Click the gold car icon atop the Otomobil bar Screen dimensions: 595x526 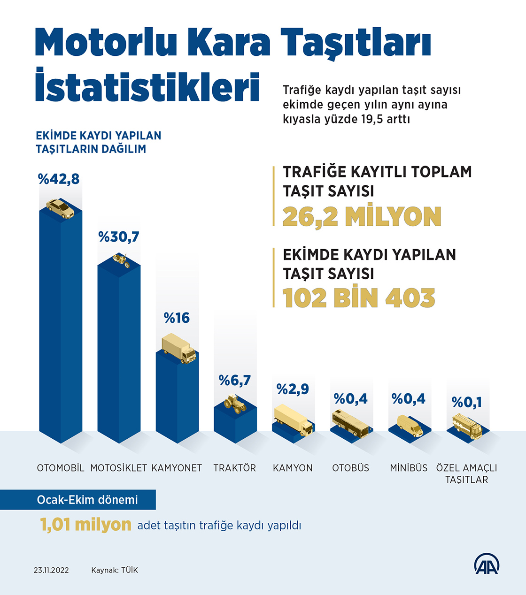click(x=61, y=209)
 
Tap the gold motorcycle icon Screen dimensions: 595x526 click(x=121, y=260)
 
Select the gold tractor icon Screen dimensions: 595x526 click(x=235, y=404)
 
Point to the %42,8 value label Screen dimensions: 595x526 click(x=59, y=179)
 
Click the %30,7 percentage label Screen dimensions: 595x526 click(x=119, y=237)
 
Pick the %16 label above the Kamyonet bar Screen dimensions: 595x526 click(x=177, y=318)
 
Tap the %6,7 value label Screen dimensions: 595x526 click(x=235, y=380)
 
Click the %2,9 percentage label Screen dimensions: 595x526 click(x=293, y=389)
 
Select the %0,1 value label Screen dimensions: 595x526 click(x=467, y=402)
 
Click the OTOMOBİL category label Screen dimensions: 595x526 click(x=61, y=468)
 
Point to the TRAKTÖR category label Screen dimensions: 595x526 click(x=235, y=468)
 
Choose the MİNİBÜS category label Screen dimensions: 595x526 click(x=409, y=468)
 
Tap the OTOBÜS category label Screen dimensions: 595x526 click(x=351, y=468)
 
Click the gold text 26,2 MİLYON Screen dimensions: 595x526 click(x=362, y=217)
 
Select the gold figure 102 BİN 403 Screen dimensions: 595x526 click(x=359, y=298)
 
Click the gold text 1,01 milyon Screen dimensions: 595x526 click(x=85, y=525)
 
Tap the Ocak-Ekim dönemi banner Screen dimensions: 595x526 click(x=87, y=500)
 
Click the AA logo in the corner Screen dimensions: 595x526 click(x=487, y=564)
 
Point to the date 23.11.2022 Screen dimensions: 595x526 click(x=51, y=570)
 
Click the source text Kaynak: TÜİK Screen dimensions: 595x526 click(x=115, y=570)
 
